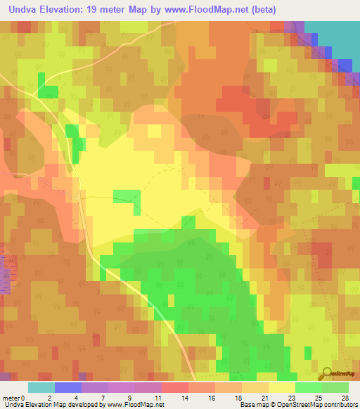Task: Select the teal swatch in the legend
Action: click(x=41, y=387)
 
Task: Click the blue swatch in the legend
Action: click(x=67, y=387)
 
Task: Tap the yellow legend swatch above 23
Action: click(x=282, y=387)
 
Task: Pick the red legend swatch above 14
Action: click(x=174, y=387)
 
